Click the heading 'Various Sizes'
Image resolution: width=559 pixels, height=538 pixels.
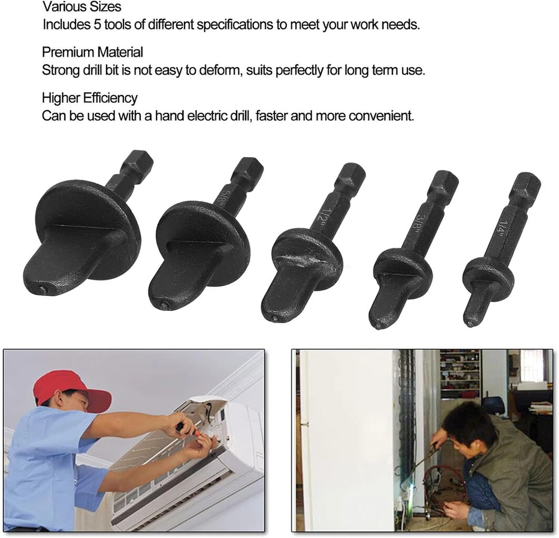pos(82,6)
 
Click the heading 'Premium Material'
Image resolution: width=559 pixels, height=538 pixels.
pos(92,52)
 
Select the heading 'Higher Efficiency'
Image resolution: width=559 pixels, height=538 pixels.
pos(89,98)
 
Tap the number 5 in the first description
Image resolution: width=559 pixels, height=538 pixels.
pos(97,25)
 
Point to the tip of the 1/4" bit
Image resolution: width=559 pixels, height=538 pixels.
pos(471,324)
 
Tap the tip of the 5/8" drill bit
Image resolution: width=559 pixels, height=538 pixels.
pos(164,305)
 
